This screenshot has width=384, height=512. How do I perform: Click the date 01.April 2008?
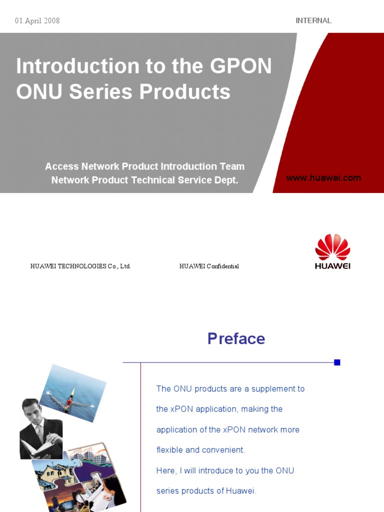click(37, 21)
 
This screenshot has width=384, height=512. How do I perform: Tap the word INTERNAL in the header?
click(313, 20)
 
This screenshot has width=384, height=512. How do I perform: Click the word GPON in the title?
click(241, 66)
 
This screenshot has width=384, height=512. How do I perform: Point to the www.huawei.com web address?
click(323, 178)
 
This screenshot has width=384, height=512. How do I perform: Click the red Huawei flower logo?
click(332, 247)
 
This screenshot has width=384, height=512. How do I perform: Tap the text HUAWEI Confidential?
click(209, 266)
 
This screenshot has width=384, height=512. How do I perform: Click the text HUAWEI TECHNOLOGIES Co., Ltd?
click(80, 266)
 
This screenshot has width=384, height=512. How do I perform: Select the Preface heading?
click(236, 338)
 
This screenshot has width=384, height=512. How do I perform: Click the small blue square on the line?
click(337, 362)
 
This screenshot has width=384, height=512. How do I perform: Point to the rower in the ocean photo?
click(70, 399)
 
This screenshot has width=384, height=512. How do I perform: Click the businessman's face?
click(33, 413)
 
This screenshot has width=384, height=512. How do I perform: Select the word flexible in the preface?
click(169, 450)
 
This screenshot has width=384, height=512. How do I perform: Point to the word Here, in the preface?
click(167, 470)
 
